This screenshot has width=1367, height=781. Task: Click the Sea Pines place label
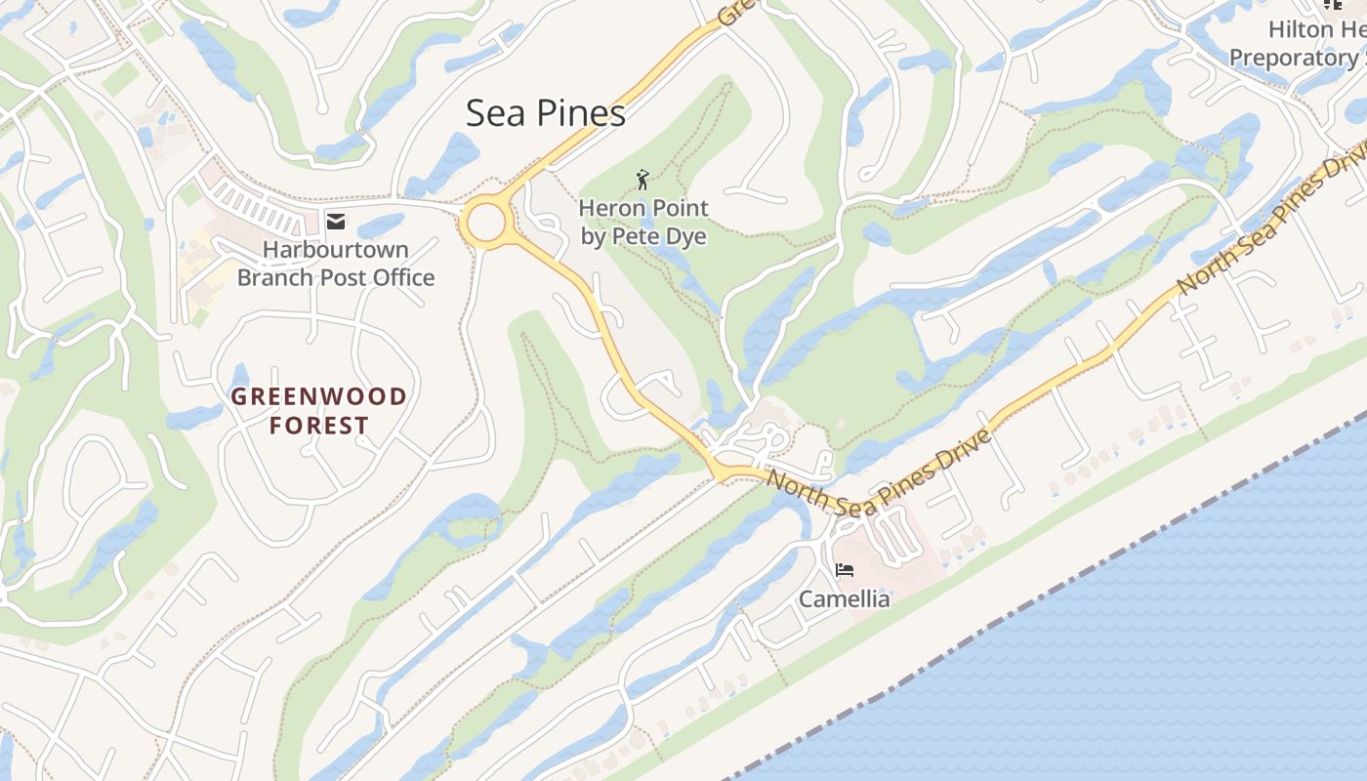[545, 113]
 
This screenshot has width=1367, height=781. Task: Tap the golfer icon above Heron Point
[642, 180]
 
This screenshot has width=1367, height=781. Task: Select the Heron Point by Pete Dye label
[643, 222]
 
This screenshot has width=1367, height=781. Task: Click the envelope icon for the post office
[336, 222]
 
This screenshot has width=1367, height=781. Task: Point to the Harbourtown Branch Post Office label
[336, 264]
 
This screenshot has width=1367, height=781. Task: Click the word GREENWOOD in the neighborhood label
[318, 396]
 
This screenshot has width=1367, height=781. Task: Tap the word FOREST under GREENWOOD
[318, 426]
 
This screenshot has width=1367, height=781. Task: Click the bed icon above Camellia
[845, 570]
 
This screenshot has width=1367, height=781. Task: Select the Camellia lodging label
[845, 598]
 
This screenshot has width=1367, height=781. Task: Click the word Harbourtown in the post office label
[336, 250]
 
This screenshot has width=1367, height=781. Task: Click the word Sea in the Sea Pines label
[490, 113]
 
